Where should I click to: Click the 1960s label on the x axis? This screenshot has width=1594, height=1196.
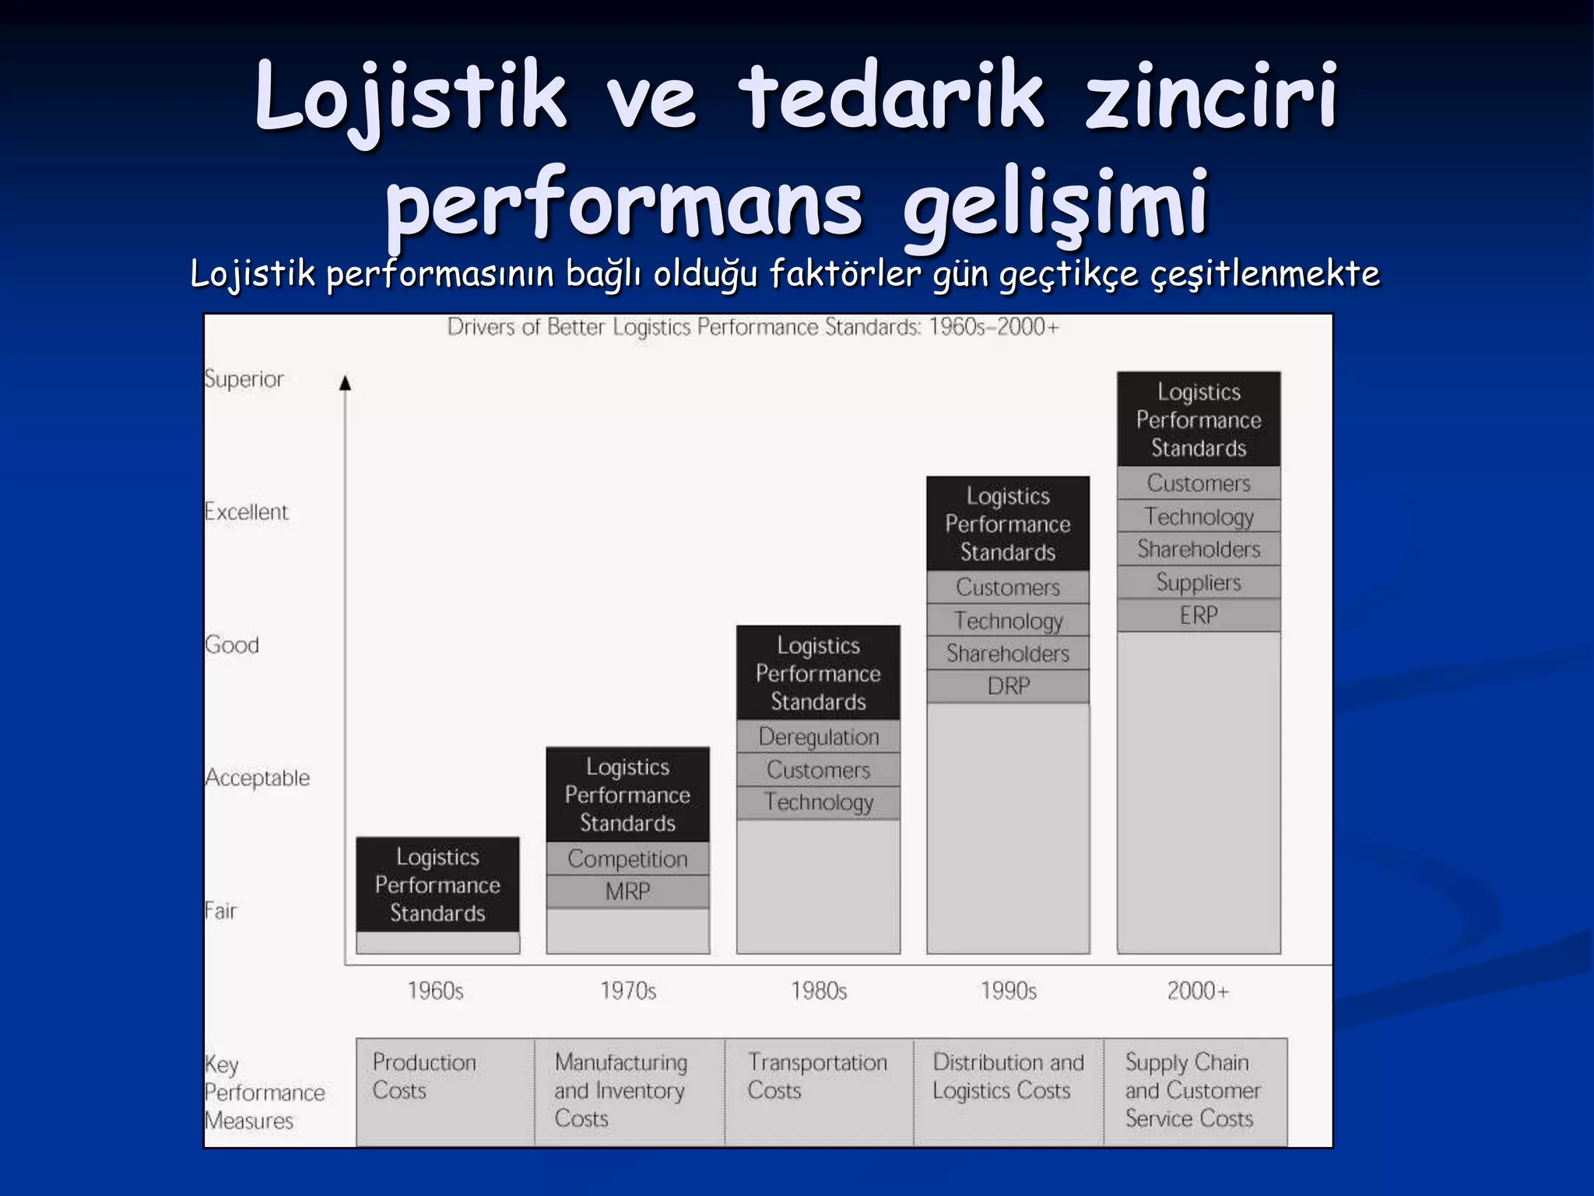pos(436,990)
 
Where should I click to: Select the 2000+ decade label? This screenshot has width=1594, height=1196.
pos(1198,990)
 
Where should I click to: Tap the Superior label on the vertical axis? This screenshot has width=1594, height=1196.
pos(244,379)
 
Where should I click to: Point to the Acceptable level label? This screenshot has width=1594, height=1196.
pos(258,778)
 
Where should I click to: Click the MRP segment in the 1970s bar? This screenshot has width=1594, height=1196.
pos(627,892)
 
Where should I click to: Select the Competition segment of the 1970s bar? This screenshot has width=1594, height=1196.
pos(627,859)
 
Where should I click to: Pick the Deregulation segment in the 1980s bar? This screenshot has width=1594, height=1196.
pos(818,737)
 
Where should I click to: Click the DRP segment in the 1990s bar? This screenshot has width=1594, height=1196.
pos(1008,686)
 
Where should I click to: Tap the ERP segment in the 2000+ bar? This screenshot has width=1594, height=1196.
pos(1199,615)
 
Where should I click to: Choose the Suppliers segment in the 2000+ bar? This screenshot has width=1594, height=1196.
pos(1199,582)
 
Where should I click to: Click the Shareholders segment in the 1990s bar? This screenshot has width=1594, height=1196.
pos(1008,653)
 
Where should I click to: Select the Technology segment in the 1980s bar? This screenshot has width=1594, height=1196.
pos(818,802)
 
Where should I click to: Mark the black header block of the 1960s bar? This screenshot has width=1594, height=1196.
pos(437,885)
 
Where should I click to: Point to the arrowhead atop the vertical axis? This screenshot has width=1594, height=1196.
pos(346,382)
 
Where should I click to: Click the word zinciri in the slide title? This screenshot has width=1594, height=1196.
pos(1211,97)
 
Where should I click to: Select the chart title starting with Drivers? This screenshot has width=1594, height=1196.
pos(753,327)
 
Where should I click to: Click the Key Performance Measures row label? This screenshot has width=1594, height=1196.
pos(263,1092)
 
